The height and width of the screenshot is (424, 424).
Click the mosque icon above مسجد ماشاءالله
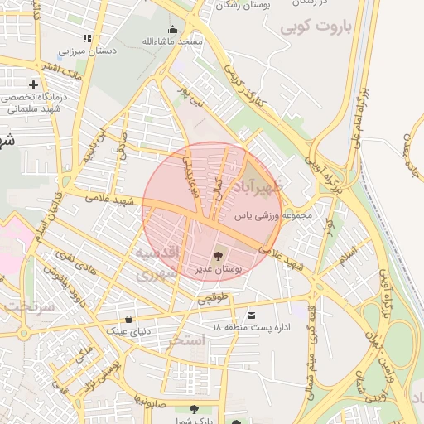click(172, 30)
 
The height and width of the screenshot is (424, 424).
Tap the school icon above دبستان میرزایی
click(87, 38)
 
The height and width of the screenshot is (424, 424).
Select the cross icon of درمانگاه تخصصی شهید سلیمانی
click(33, 84)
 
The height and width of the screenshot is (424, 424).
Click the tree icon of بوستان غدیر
click(218, 256)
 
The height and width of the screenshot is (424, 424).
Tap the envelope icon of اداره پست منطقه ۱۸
click(251, 316)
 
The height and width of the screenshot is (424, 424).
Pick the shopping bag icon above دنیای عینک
click(128, 319)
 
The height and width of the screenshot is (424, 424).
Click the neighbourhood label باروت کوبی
click(316, 27)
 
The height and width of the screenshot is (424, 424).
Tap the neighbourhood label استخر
click(186, 340)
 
